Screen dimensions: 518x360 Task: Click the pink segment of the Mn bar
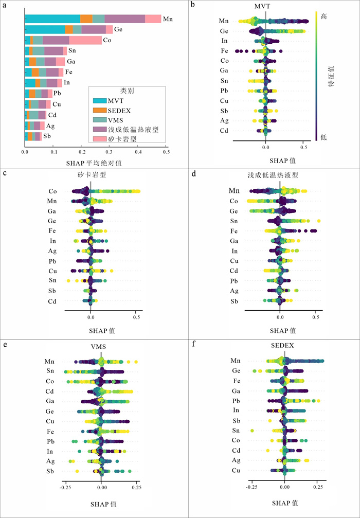pos(153,19)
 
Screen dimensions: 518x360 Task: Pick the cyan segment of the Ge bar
pos(45,29)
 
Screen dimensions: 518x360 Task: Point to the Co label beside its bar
pos(106,40)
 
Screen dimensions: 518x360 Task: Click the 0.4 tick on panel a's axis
pos(138,151)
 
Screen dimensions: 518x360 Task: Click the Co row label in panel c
pos(52,191)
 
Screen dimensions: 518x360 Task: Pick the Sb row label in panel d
pos(235,301)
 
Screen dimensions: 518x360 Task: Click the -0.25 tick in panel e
pos(65,486)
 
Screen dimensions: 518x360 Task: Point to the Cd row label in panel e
pos(50,391)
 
